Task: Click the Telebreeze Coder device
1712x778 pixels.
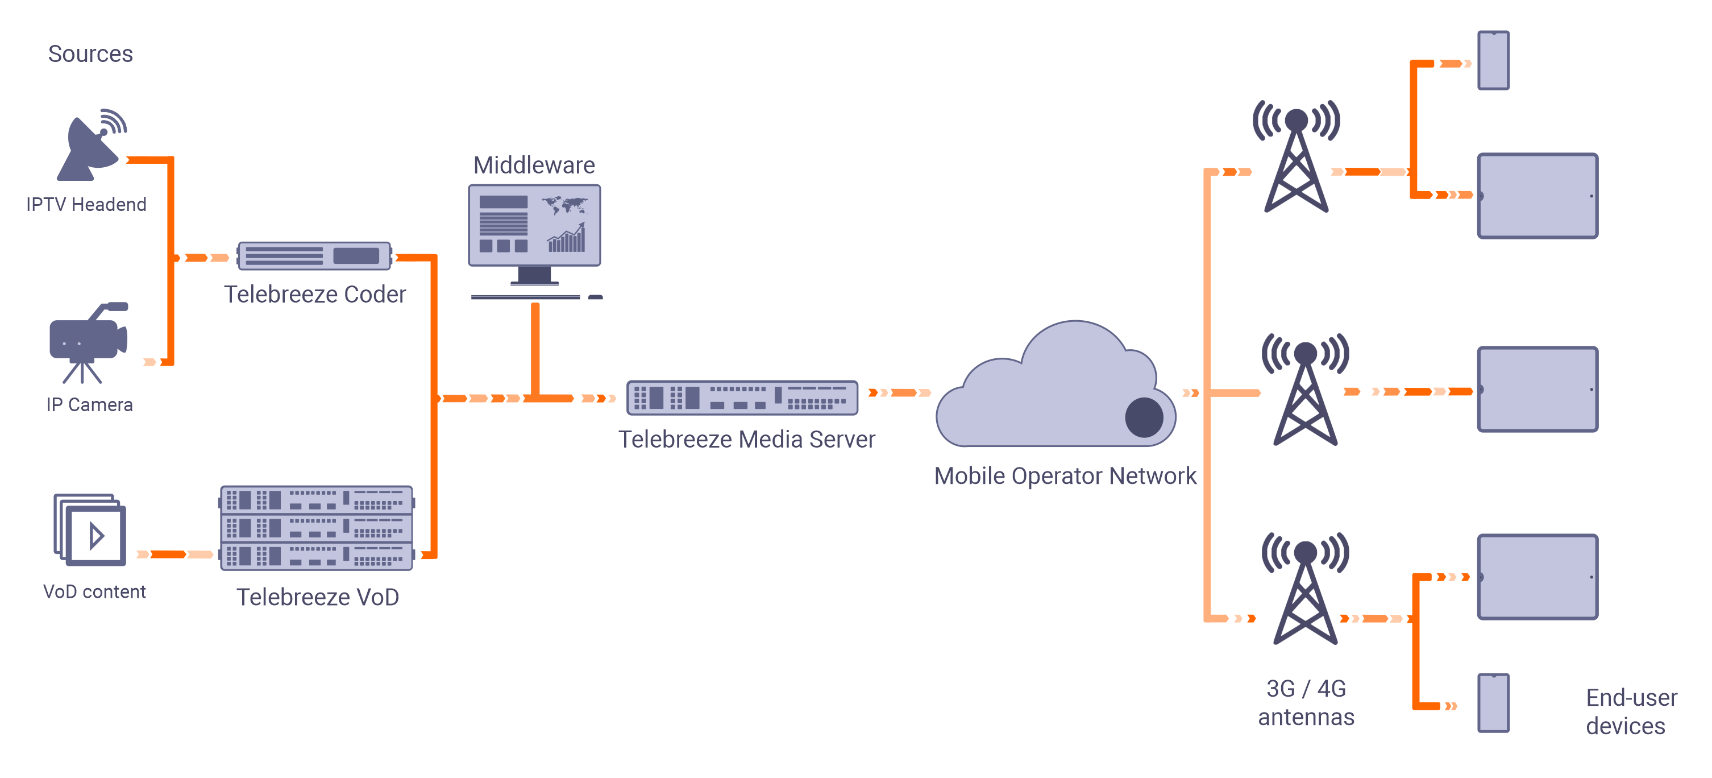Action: click(x=314, y=256)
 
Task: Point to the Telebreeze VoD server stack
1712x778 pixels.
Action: click(x=317, y=528)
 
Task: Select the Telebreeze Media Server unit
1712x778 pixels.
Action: click(x=742, y=397)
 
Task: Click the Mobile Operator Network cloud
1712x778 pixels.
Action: click(x=1050, y=392)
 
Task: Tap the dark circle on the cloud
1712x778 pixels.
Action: click(x=1144, y=417)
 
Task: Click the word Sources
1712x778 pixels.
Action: click(x=90, y=54)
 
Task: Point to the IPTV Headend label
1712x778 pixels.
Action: click(x=86, y=204)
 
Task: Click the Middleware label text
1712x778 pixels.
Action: click(x=534, y=165)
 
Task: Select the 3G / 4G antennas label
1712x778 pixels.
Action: click(x=1306, y=703)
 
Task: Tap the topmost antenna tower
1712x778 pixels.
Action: click(x=1296, y=160)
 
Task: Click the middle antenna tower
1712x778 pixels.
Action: click(x=1305, y=392)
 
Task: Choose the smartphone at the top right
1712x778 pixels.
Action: click(x=1493, y=60)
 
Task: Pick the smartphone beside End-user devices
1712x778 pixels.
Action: click(x=1493, y=703)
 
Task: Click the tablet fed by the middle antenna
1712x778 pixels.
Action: click(x=1537, y=390)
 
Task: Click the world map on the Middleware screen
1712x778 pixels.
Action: click(x=565, y=204)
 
